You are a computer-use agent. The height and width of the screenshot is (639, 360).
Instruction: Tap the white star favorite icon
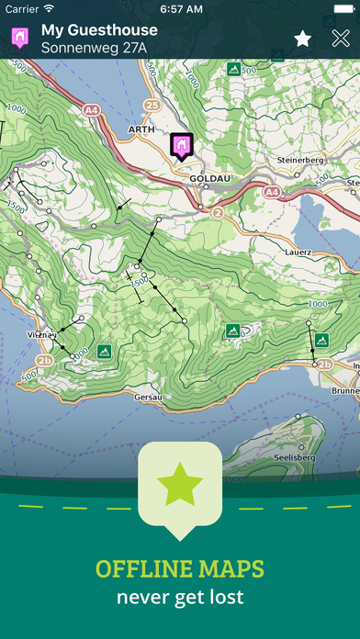click(302, 39)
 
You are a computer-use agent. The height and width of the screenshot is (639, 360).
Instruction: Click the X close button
click(340, 39)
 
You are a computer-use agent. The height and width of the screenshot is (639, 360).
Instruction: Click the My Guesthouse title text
click(99, 29)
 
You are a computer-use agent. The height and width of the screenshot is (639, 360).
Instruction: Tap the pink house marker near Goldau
click(181, 145)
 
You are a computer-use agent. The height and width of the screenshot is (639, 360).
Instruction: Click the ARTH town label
click(141, 129)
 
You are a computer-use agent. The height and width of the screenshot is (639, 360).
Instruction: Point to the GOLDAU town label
click(207, 180)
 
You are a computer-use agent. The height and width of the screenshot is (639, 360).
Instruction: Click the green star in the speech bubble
click(180, 486)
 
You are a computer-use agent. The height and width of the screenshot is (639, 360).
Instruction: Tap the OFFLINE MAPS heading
click(180, 569)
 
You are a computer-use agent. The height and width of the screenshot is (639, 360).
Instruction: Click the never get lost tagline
click(180, 598)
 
